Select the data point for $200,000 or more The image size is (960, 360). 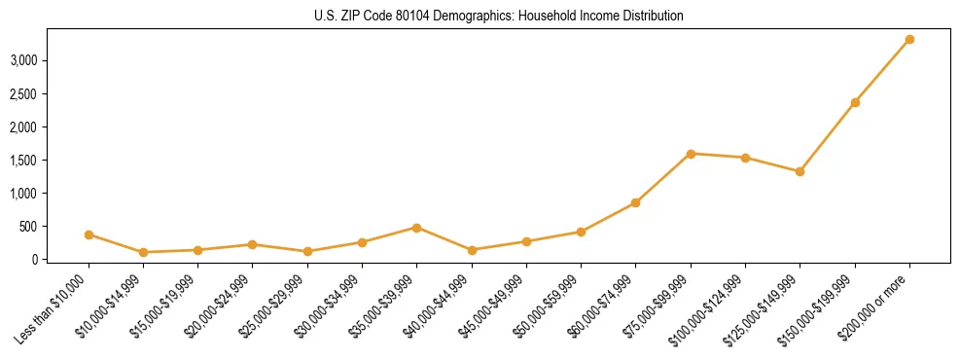pyautogui.click(x=909, y=39)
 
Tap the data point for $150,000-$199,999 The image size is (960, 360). pyautogui.click(x=855, y=102)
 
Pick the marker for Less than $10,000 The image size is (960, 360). pyautogui.click(x=89, y=234)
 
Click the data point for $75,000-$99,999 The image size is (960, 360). pyautogui.click(x=691, y=154)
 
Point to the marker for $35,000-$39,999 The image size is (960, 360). pyautogui.click(x=416, y=228)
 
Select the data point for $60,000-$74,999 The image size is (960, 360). pyautogui.click(x=635, y=202)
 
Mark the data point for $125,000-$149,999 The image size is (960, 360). pyautogui.click(x=800, y=171)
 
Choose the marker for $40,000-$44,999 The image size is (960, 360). pyautogui.click(x=472, y=250)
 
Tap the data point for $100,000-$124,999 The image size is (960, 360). pyautogui.click(x=745, y=158)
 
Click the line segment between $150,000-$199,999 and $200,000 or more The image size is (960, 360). pyautogui.click(x=882, y=71)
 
